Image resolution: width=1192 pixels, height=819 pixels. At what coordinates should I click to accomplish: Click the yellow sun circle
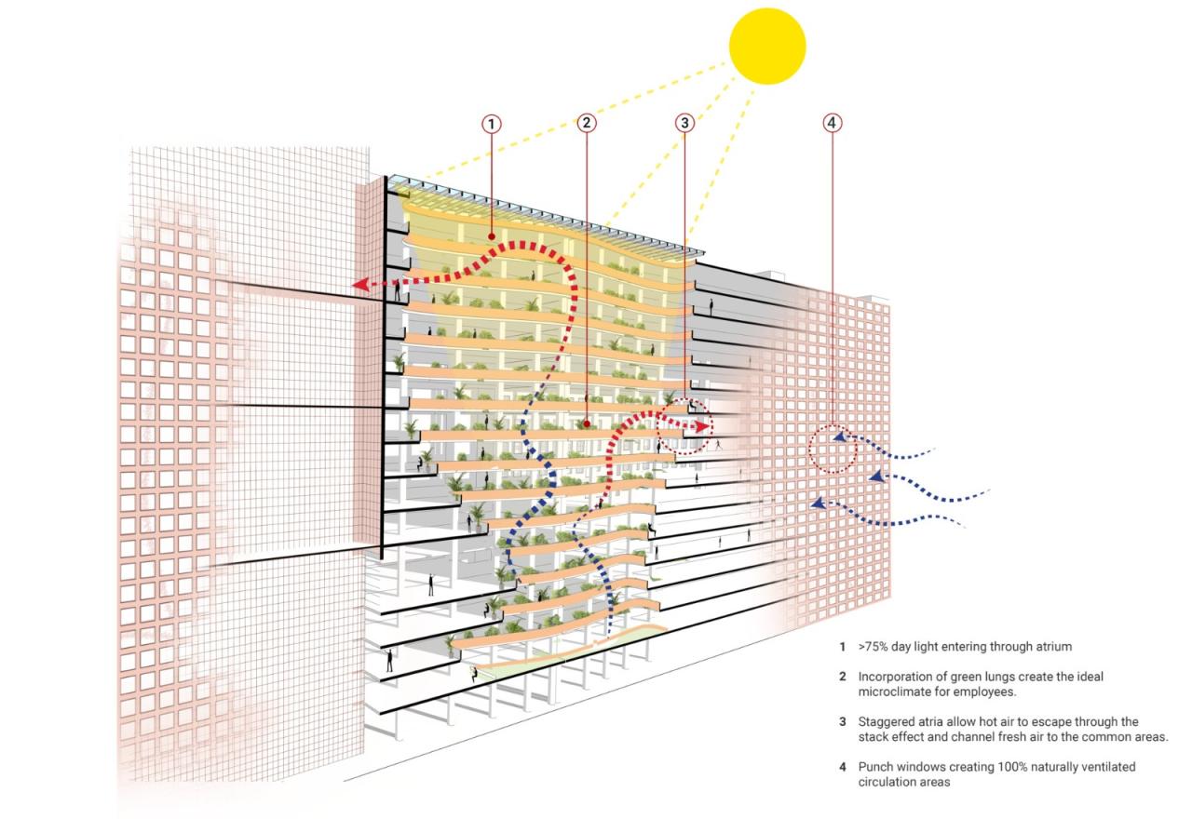(x=766, y=47)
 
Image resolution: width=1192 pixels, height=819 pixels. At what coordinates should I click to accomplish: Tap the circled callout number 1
(x=491, y=124)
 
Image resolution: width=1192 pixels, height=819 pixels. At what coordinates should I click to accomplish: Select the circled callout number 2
(x=587, y=123)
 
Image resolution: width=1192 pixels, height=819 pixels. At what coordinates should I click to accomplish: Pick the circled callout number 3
(x=684, y=123)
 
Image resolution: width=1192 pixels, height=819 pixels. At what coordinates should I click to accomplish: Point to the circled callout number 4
(x=833, y=123)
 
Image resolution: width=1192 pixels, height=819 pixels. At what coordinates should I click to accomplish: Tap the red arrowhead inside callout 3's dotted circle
(x=703, y=426)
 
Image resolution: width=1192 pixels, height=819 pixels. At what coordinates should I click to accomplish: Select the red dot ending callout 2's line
(x=587, y=423)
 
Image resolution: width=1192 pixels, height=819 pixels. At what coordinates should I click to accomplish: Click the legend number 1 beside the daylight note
(x=843, y=647)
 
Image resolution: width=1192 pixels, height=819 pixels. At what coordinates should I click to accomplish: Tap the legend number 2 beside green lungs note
(x=843, y=677)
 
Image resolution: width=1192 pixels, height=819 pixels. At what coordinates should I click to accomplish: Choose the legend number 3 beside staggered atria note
(x=843, y=721)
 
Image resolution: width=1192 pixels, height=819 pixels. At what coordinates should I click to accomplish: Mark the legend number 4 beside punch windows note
(x=843, y=767)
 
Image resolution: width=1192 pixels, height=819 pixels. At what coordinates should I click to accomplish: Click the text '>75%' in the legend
(x=874, y=647)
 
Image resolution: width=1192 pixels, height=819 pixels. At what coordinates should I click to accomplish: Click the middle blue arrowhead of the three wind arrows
(x=877, y=477)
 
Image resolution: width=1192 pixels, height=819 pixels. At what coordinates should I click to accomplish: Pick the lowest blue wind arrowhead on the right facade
(x=819, y=503)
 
